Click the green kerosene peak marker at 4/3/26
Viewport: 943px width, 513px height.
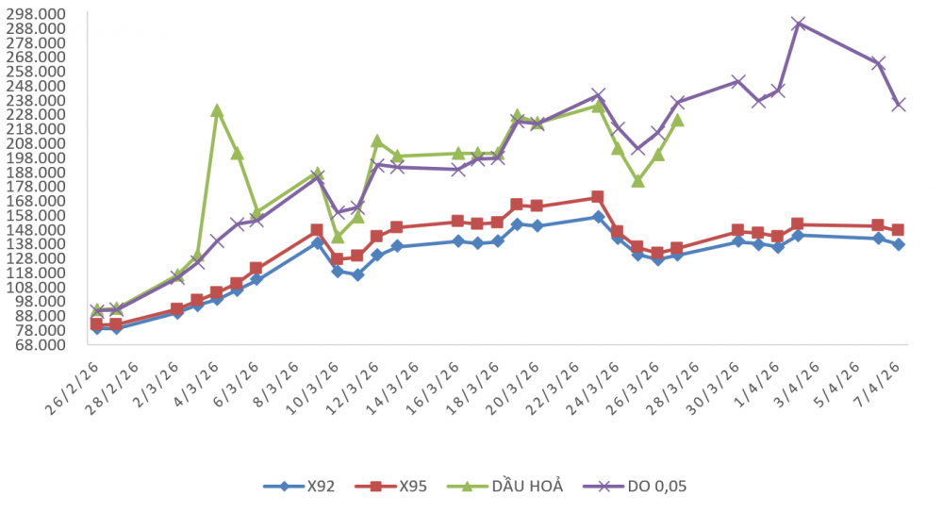(217, 110)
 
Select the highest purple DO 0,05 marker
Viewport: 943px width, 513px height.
(798, 24)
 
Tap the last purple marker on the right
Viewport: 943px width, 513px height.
(899, 105)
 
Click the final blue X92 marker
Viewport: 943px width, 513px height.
(899, 244)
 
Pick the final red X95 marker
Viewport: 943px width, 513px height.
(899, 230)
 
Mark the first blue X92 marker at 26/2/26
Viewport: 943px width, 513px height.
(96, 327)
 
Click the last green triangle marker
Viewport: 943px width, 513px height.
(677, 120)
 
